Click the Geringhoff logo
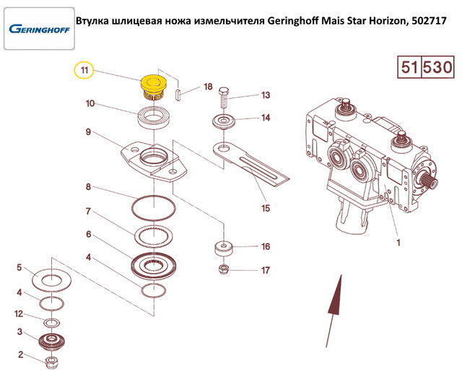pyautogui.click(x=39, y=29)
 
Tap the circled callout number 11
pyautogui.click(x=84, y=71)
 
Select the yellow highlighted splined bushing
pyautogui.click(x=153, y=87)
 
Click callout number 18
pyautogui.click(x=208, y=87)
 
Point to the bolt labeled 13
pyautogui.click(x=225, y=99)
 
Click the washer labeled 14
pyautogui.click(x=224, y=122)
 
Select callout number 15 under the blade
pyautogui.click(x=266, y=208)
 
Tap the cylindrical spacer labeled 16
pyautogui.click(x=224, y=249)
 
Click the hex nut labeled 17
pyautogui.click(x=224, y=269)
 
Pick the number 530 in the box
pyautogui.click(x=437, y=67)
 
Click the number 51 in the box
pyautogui.click(x=409, y=67)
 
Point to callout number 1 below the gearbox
pyautogui.click(x=398, y=243)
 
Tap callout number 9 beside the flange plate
pyautogui.click(x=88, y=131)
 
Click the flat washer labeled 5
pyautogui.click(x=51, y=279)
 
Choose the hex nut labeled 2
pyautogui.click(x=52, y=363)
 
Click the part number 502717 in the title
pyautogui.click(x=429, y=21)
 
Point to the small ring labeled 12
pyautogui.click(x=52, y=322)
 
